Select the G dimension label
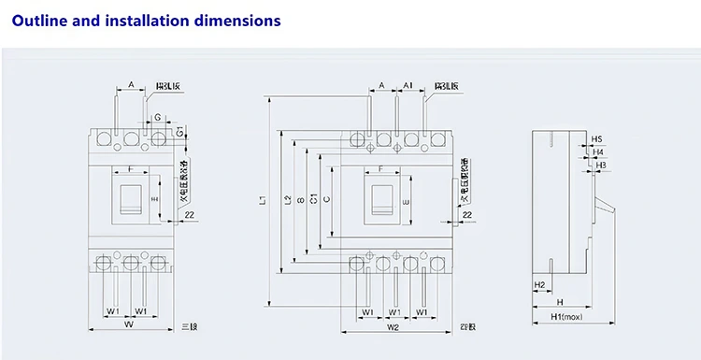point(158,117)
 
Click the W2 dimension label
point(393,326)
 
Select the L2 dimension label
point(286,199)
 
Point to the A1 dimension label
point(408,85)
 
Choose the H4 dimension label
point(598,151)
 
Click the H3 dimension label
point(601,165)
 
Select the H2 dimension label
point(539,284)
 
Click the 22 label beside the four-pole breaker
point(466,216)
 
